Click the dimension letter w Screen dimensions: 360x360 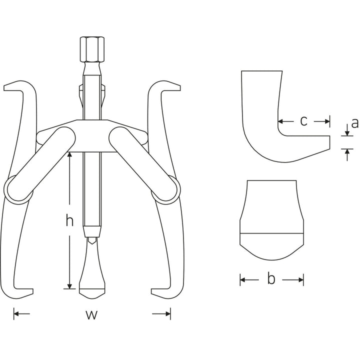pyautogui.click(x=91, y=314)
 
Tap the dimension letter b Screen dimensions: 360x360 pyautogui.click(x=271, y=279)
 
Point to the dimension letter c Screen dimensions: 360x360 pyautogui.click(x=303, y=120)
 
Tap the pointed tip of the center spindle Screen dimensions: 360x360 pyautogui.click(x=91, y=241)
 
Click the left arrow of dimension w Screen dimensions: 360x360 pyautogui.click(x=16, y=314)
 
